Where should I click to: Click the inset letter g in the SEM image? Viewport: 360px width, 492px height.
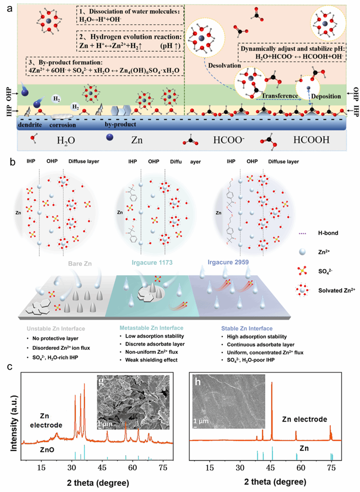point(101,384)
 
